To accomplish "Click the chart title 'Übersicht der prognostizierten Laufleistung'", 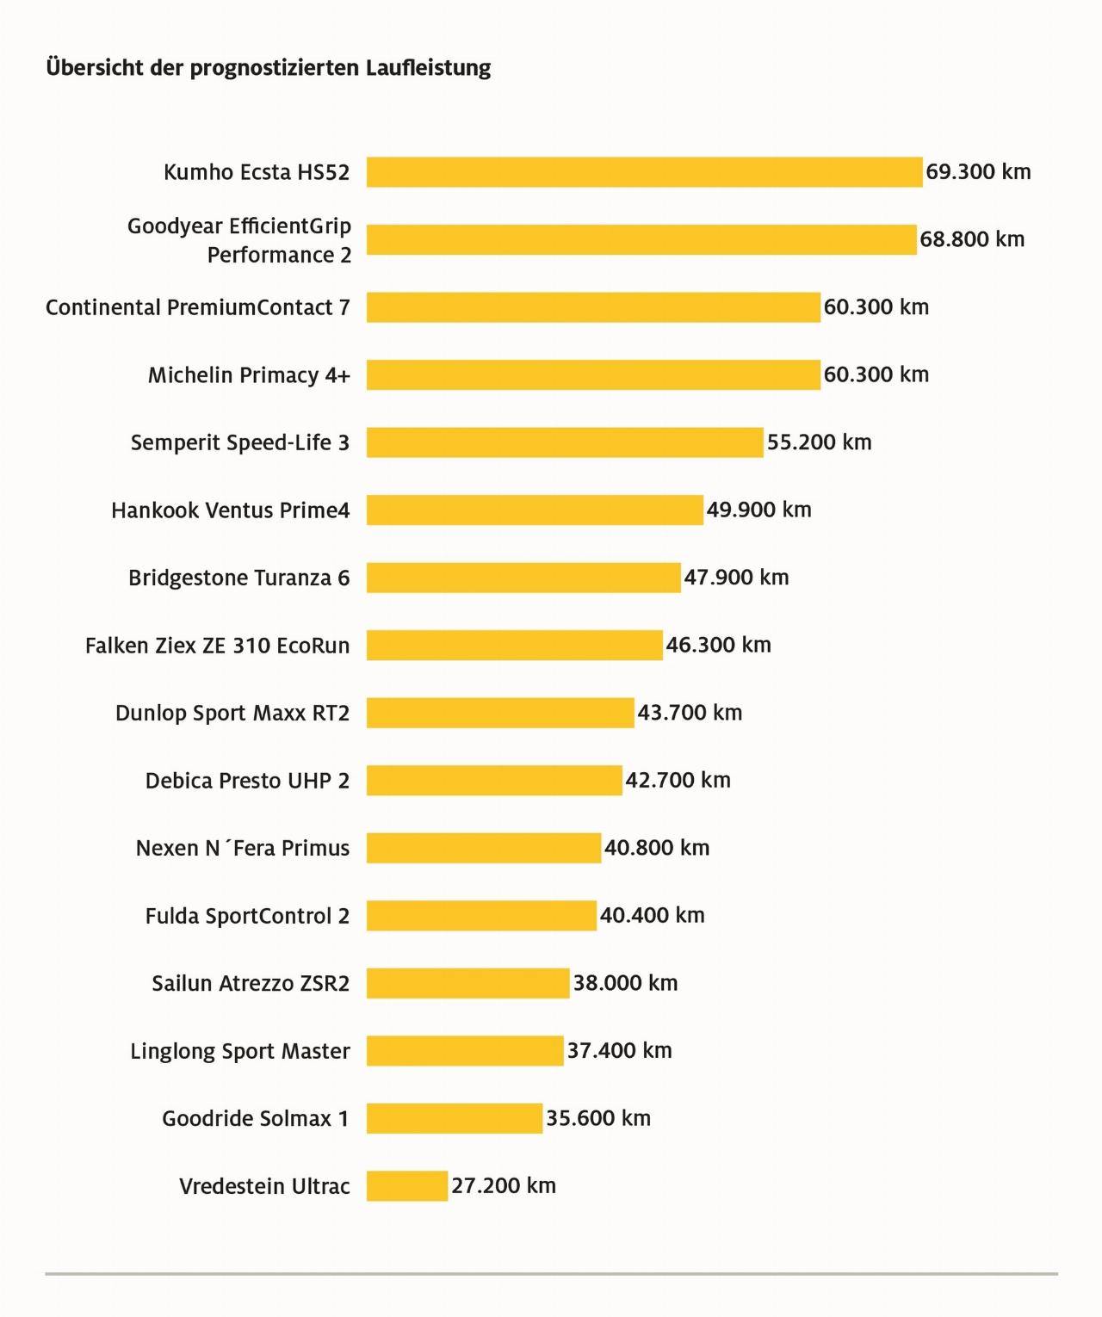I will (x=268, y=68).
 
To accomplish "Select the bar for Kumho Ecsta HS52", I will (x=644, y=172).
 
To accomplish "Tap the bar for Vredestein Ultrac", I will (x=407, y=1186).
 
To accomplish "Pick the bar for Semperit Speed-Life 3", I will (x=565, y=442).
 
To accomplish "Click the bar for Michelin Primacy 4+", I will (x=593, y=375).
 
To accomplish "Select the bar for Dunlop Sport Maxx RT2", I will (x=500, y=713).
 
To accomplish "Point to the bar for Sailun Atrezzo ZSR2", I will (x=468, y=983).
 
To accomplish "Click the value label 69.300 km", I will (x=978, y=172).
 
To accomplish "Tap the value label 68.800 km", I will (x=972, y=239).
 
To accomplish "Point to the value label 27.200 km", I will (x=504, y=1186).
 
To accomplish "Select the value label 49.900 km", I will (x=758, y=510).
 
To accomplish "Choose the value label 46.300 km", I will (x=718, y=645).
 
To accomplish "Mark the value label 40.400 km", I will (x=652, y=915).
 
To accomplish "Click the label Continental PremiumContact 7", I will (x=198, y=307).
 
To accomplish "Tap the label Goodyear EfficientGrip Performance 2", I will (x=239, y=240).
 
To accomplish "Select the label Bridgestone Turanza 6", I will (x=238, y=578).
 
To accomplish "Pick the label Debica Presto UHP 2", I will (x=247, y=781).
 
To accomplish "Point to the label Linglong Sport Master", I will (x=240, y=1051).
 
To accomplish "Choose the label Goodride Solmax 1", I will (x=256, y=1118).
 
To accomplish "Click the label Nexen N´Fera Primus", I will (x=243, y=848).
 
